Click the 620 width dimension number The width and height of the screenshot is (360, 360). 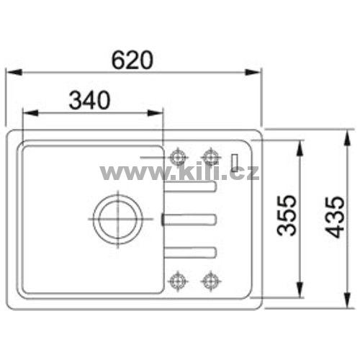(132, 60)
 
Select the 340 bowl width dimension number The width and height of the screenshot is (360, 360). (89, 100)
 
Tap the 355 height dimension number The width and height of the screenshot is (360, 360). (287, 215)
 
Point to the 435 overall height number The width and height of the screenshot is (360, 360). (335, 217)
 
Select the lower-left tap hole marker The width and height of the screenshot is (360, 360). (178, 281)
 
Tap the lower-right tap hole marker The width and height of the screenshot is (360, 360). (211, 281)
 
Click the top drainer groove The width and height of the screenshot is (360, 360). (191, 186)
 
